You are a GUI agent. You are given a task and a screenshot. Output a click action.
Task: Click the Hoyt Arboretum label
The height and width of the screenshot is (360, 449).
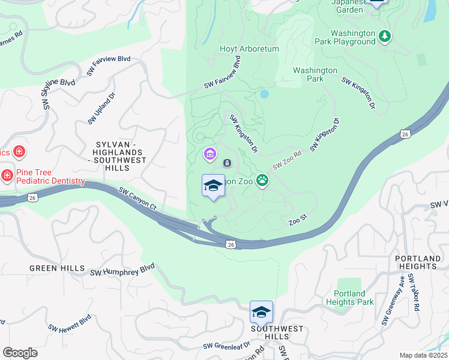tap(249, 49)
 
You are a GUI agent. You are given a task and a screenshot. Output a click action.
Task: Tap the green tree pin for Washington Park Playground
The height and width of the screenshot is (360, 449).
tap(385, 37)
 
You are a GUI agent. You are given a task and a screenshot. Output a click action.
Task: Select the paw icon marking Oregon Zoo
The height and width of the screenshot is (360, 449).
tap(262, 179)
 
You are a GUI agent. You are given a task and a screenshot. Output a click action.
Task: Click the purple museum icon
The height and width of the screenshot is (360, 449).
tap(209, 155)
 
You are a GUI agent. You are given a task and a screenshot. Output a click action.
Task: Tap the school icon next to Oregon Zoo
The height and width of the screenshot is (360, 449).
tap(213, 186)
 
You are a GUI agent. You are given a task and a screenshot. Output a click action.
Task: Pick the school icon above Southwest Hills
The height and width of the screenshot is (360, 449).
tap(261, 313)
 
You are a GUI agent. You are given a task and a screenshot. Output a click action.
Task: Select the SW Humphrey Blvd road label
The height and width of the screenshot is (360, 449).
tap(122, 269)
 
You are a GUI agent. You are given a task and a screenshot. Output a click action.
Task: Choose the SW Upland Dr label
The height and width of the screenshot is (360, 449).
tap(100, 112)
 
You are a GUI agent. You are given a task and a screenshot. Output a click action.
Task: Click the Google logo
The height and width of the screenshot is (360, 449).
tap(20, 353)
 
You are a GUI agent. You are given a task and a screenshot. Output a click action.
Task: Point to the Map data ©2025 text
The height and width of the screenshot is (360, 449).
tap(423, 355)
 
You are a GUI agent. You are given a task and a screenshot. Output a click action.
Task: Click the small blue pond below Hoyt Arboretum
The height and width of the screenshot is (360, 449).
tap(264, 94)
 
